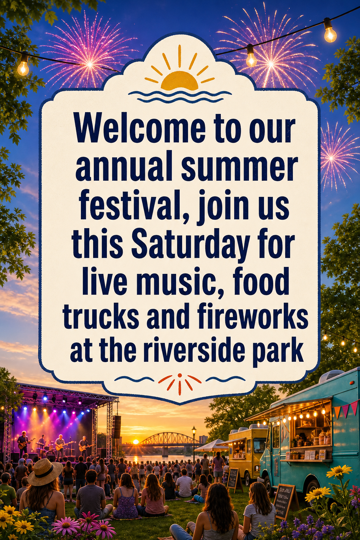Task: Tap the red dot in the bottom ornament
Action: pos(180,375)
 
